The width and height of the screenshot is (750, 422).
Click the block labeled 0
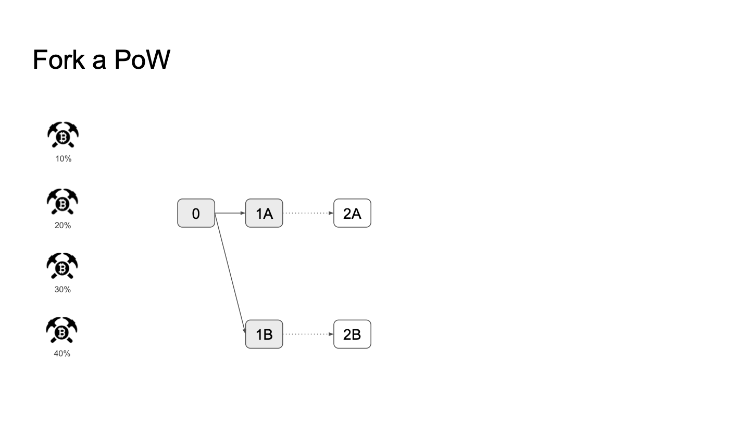point(196,213)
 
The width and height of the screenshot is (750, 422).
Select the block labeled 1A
point(264,213)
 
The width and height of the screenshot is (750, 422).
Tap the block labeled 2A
point(352,213)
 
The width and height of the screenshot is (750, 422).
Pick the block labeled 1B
point(264,334)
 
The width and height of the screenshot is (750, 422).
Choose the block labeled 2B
point(352,334)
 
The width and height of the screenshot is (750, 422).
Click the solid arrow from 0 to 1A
point(230,213)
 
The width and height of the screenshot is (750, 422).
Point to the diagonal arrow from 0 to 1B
point(230,274)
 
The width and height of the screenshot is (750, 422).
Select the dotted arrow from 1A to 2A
point(308,213)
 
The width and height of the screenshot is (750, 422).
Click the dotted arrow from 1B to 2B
point(308,334)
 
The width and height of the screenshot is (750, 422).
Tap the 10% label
point(64,159)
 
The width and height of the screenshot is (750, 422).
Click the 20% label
point(63,226)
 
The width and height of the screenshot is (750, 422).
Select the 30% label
point(63,289)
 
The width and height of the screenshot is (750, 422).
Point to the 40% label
point(62,354)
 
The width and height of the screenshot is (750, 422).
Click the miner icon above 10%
point(63,134)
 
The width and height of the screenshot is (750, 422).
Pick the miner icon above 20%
point(63,202)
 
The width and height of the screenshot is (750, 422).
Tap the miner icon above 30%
point(62,266)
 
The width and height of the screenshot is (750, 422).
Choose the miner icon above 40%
point(61,330)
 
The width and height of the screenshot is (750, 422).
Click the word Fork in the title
point(59,59)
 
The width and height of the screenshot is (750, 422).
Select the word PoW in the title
point(142,59)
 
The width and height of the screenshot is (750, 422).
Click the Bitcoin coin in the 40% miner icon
point(61,332)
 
